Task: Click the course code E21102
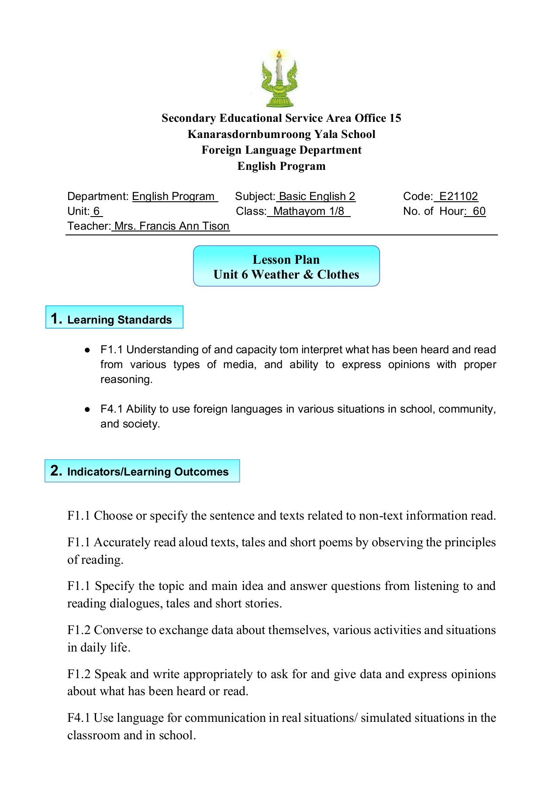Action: click(458, 196)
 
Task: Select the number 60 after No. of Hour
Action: click(479, 211)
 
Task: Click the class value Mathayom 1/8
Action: click(308, 211)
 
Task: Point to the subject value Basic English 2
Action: click(317, 196)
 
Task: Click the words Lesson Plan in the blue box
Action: click(286, 259)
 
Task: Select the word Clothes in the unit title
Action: click(338, 275)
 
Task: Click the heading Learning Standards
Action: click(119, 320)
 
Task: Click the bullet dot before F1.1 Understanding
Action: click(87, 350)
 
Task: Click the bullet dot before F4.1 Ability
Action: click(87, 410)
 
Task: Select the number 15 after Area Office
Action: click(395, 118)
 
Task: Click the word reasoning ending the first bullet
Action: click(126, 379)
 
